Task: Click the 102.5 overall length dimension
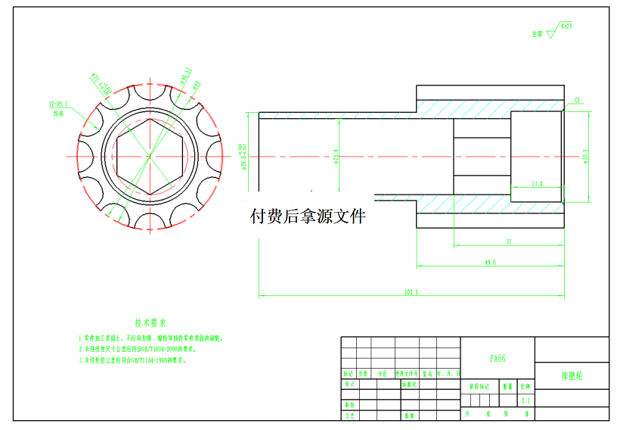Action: pos(411,291)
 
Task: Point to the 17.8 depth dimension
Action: pos(537,184)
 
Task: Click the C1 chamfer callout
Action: pos(577,99)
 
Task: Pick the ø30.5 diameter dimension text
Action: pos(585,155)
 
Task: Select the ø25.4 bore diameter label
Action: pos(335,156)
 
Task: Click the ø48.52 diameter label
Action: pos(184,74)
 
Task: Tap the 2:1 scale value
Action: pos(525,400)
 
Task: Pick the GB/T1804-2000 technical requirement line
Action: pos(138,350)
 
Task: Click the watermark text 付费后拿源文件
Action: pos(308,217)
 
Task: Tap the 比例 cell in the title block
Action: pos(525,386)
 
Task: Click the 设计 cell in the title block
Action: pos(349,385)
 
